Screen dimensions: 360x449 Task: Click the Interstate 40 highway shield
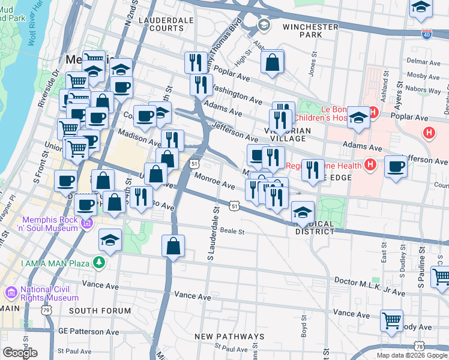coord(426,34)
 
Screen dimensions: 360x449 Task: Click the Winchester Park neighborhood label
coord(310,31)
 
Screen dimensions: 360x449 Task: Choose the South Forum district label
coord(100,311)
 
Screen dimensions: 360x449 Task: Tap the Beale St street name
coord(234,231)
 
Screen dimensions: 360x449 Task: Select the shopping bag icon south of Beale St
coord(173,245)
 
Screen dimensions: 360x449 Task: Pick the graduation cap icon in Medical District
coord(303,212)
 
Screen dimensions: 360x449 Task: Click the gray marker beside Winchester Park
coord(263,25)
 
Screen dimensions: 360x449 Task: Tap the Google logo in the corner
coord(20,353)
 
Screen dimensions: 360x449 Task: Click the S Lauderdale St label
coord(211,234)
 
